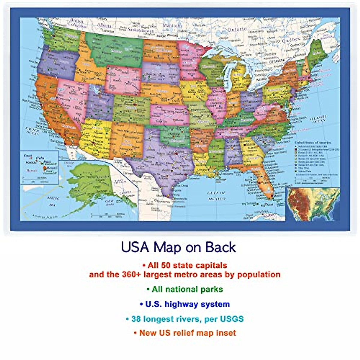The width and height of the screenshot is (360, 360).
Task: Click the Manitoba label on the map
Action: [172, 26]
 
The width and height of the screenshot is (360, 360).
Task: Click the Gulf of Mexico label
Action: [216, 196]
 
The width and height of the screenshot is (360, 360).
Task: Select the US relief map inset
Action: [313, 204]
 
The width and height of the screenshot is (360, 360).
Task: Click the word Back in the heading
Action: [221, 247]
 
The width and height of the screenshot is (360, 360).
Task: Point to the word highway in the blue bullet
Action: [180, 304]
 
